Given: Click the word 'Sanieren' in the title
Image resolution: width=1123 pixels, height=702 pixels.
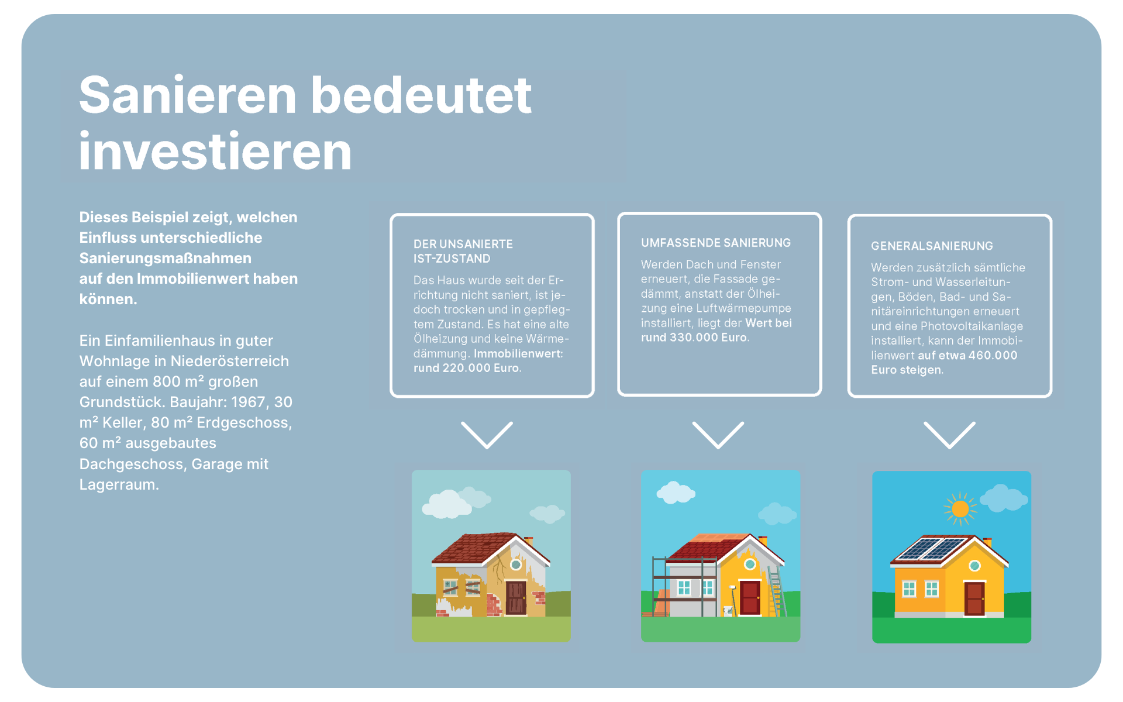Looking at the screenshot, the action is pos(188,95).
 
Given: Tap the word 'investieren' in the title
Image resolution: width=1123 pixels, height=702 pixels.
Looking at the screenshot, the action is pos(215,151).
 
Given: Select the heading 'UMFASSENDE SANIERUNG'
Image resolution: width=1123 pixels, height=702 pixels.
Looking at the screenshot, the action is pos(715,243).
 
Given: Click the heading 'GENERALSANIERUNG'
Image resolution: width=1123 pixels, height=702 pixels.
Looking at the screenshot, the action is pos(932,246).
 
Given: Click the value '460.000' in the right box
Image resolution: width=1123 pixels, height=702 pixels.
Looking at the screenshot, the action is pos(993,355).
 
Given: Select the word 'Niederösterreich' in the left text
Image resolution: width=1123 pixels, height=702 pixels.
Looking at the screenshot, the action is pos(230,361).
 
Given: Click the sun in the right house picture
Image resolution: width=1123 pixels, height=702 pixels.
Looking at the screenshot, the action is pos(960,508).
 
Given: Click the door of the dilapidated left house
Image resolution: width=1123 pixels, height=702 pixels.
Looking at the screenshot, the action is pos(516,597).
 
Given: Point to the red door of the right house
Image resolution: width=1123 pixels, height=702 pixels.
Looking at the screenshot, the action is pos(974,598).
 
